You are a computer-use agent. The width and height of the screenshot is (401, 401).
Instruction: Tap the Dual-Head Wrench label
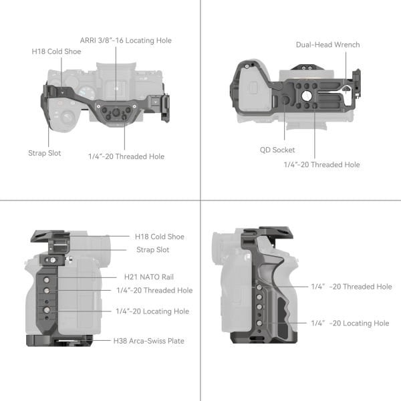[327, 45]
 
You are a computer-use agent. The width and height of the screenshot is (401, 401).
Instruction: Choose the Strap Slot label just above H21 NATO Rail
[152, 250]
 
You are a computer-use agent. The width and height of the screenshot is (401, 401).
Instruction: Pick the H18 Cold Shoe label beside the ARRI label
[56, 51]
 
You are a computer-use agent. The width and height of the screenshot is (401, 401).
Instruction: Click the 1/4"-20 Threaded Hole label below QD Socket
[321, 164]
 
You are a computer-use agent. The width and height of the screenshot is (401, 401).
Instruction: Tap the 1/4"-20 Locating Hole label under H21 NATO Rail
[152, 311]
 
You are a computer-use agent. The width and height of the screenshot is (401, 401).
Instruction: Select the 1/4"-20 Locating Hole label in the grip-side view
[350, 323]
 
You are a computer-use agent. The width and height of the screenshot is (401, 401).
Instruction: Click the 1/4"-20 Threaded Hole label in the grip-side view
[351, 287]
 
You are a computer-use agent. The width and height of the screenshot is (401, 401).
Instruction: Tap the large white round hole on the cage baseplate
[306, 96]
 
